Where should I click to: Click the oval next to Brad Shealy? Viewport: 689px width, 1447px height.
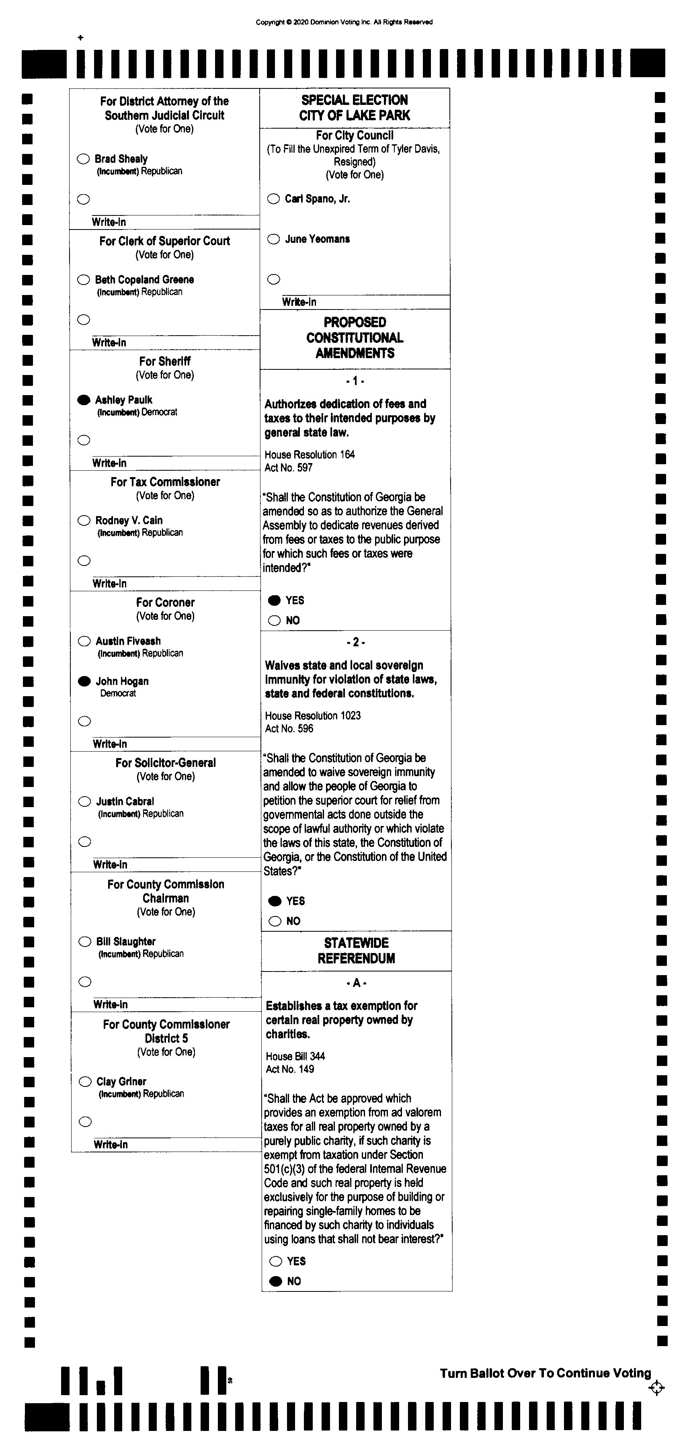click(x=83, y=159)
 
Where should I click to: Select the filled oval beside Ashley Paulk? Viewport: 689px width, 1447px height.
click(x=84, y=400)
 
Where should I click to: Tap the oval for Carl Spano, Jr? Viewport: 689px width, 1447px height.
click(x=274, y=199)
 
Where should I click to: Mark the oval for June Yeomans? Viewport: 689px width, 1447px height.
click(x=274, y=239)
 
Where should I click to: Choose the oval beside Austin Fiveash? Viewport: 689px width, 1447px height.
click(x=84, y=641)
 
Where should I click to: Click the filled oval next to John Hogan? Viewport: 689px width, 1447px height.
click(x=84, y=681)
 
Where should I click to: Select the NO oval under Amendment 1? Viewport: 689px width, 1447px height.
click(x=274, y=621)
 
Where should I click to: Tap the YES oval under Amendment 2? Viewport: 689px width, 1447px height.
click(x=275, y=901)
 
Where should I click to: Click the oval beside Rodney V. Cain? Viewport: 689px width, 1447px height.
click(x=84, y=520)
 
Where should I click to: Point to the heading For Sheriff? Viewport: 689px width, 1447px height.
click(x=165, y=361)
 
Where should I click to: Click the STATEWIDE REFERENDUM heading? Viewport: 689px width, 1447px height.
click(x=356, y=951)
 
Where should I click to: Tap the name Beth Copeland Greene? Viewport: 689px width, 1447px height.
click(x=144, y=280)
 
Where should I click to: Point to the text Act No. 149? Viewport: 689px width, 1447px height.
click(x=290, y=1069)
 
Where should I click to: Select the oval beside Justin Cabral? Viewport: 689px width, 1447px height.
click(x=84, y=801)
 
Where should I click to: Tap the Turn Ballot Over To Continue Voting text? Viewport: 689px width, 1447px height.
click(x=545, y=1373)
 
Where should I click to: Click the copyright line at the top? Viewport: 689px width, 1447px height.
click(x=344, y=23)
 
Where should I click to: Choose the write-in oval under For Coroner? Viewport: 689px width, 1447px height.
click(x=84, y=721)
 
